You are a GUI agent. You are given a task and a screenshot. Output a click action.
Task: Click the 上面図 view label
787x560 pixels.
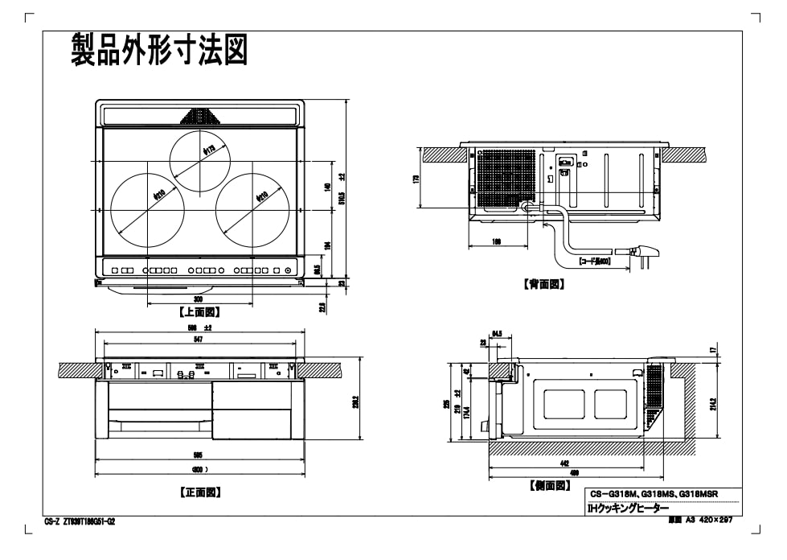click(199, 312)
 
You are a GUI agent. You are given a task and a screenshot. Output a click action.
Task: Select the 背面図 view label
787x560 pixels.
click(544, 284)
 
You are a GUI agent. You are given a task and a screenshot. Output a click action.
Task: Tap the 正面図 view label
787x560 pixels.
click(199, 492)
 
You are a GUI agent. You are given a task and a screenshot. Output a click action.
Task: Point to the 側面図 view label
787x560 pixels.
click(550, 485)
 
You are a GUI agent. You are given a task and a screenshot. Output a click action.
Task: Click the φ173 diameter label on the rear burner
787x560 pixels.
click(208, 150)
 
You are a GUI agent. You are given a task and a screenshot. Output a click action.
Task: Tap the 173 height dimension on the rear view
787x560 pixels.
click(417, 179)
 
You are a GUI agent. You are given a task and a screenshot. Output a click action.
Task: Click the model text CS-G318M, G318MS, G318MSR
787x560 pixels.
click(654, 494)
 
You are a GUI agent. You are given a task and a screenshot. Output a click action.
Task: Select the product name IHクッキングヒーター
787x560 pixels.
click(628, 509)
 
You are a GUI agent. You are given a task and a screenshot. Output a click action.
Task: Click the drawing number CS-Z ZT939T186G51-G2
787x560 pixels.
click(80, 521)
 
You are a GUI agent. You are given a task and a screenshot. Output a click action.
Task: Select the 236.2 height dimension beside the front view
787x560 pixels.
click(355, 400)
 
